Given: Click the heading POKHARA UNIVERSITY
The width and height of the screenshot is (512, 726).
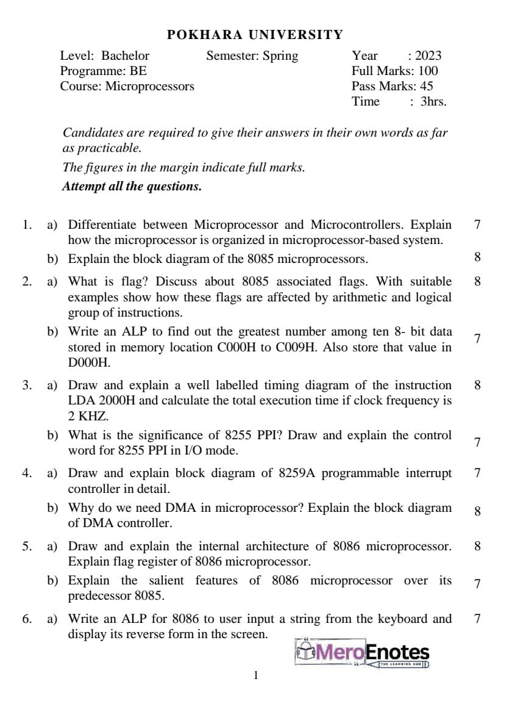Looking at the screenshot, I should tap(255, 35).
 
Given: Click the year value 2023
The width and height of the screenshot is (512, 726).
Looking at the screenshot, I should tap(428, 56).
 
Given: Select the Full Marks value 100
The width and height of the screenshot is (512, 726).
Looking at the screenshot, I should tap(428, 71).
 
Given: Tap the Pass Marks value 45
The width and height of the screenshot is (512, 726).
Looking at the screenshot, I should tap(427, 86).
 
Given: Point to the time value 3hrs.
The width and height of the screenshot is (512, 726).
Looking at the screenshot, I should tap(433, 101).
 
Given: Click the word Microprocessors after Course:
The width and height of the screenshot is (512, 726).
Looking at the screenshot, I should tap(150, 86).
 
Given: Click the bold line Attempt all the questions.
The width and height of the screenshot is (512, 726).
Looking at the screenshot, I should tap(132, 186).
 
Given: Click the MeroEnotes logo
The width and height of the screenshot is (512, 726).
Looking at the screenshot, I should tap(362, 653).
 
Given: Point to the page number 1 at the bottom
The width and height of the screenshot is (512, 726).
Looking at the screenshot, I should tap(256, 675).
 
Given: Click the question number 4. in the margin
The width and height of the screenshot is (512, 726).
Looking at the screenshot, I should tap(27, 473).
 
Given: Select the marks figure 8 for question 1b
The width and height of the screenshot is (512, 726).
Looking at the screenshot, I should tap(477, 256).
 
